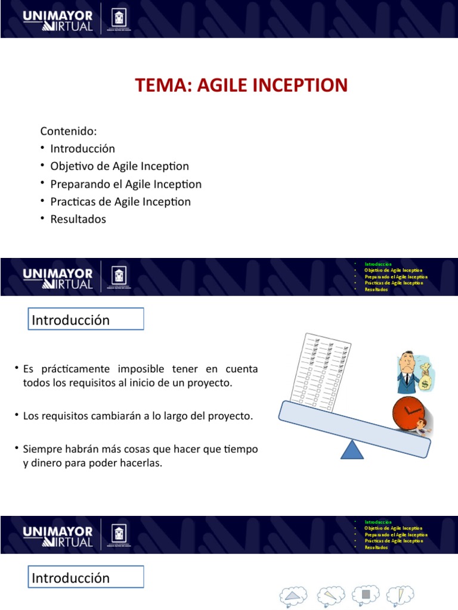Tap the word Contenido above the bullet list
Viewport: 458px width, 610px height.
click(x=68, y=131)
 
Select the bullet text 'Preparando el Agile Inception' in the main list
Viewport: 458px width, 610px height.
click(x=126, y=184)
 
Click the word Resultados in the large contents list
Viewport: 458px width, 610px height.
click(x=78, y=219)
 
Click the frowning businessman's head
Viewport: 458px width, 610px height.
click(x=407, y=361)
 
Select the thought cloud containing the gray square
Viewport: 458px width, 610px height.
click(x=366, y=595)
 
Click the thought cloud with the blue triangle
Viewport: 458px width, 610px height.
click(x=293, y=595)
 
